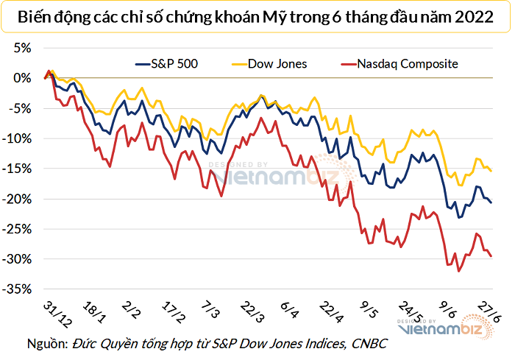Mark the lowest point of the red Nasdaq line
click(460, 272)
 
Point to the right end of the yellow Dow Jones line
click(491, 172)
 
